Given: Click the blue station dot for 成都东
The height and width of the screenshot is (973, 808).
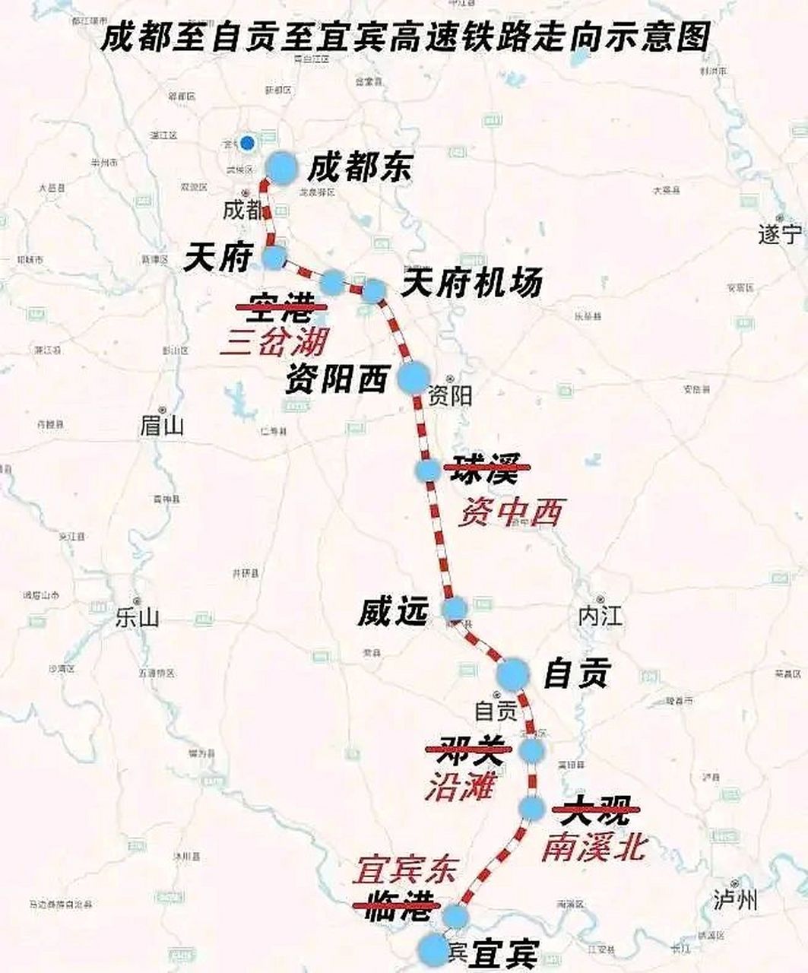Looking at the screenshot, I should [281, 167].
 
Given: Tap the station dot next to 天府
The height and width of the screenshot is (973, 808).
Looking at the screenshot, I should [274, 257].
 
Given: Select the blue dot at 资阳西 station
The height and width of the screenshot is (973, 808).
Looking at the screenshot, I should [414, 377].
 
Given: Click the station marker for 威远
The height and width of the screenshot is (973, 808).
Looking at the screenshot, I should [455, 608].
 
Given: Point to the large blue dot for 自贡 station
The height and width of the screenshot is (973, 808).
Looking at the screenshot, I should [512, 673].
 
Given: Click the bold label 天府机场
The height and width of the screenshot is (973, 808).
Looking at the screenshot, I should [471, 283].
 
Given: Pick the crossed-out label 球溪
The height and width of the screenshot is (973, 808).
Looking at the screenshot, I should [485, 469].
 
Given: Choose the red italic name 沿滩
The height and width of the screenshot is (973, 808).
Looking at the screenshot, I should [461, 787].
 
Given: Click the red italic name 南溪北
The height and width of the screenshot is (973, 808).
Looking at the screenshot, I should [593, 847].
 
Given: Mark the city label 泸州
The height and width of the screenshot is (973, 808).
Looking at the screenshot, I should [736, 901].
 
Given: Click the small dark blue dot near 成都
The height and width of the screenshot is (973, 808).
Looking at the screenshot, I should [246, 143].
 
